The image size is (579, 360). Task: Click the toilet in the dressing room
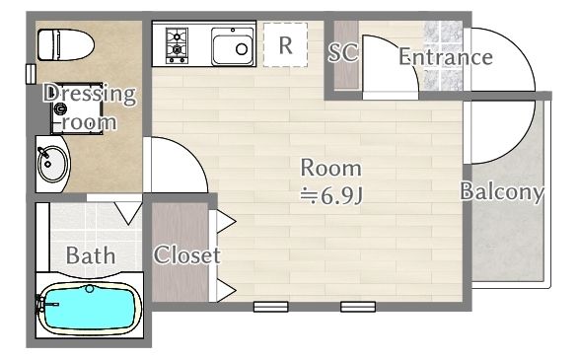coord(65,43)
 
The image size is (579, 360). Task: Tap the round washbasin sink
coord(50,164)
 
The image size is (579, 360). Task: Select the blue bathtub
coord(88,309)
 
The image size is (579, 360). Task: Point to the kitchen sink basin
coord(234,46)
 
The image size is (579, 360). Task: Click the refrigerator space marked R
coord(285,45)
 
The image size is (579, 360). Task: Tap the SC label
coord(343,53)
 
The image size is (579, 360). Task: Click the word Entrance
coord(445,57)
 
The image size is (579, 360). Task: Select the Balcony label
coord(502,192)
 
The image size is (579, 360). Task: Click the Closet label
coord(186,255)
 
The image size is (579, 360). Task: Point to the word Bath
coord(91,255)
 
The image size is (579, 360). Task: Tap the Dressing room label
coord(89,108)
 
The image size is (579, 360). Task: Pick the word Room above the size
coord(330,168)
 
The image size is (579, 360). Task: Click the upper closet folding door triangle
coord(224,220)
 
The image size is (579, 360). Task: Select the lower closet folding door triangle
coord(224,290)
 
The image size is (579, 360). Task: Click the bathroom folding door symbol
coord(127,212)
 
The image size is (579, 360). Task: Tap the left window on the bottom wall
coord(269,307)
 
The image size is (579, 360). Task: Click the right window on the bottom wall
coord(357,307)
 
